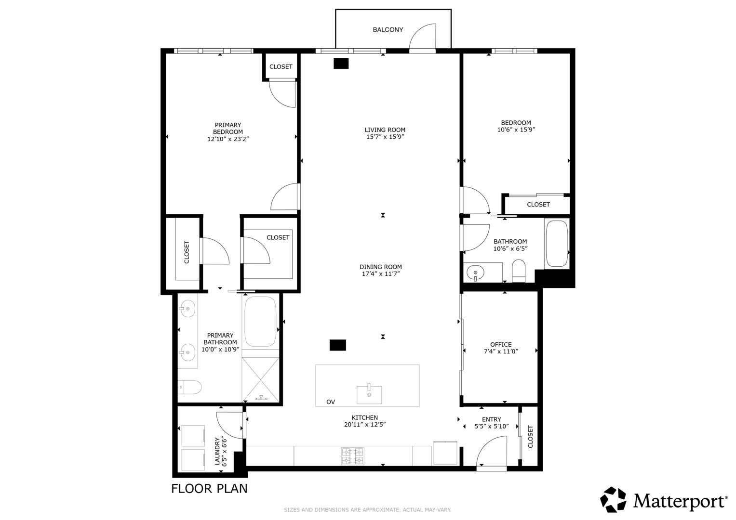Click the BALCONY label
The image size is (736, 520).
point(388,30)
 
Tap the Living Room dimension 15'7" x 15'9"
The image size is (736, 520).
point(385,137)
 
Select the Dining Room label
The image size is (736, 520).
point(380,267)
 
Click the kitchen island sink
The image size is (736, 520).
point(369,394)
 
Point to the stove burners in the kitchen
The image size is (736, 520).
point(352,456)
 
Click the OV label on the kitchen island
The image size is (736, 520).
point(331,402)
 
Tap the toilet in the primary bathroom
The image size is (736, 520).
point(189,387)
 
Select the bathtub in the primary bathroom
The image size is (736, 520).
point(260,321)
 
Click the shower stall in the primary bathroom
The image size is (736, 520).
point(260,379)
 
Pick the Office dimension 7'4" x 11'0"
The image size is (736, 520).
point(501,351)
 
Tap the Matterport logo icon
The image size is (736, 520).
point(613,500)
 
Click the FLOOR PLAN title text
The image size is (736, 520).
point(209,489)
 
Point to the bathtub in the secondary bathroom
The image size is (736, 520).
point(557,244)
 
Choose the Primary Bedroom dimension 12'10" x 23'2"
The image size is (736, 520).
point(228,139)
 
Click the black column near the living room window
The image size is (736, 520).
point(341,64)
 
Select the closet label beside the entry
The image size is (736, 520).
point(531,437)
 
